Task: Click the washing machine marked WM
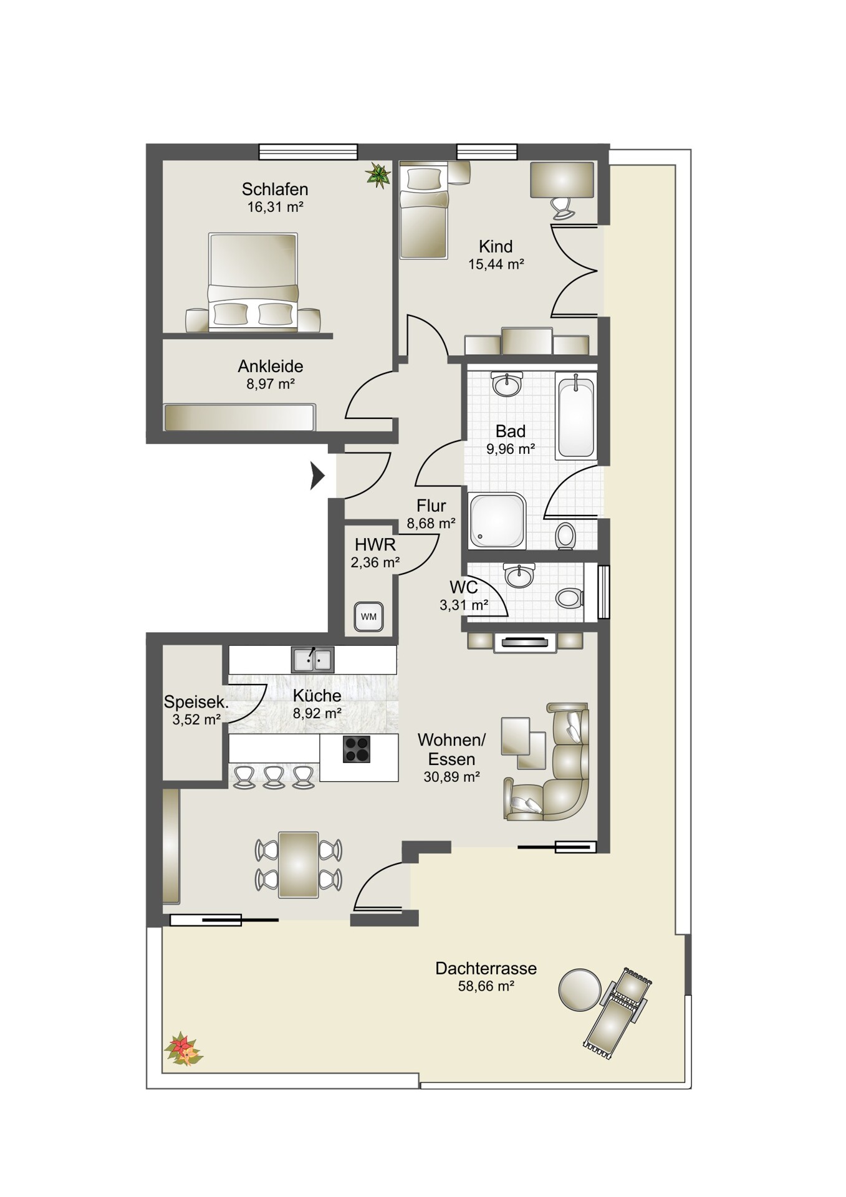click(x=368, y=617)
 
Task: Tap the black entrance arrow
click(x=318, y=476)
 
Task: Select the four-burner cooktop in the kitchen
click(x=357, y=749)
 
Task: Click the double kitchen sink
click(x=312, y=660)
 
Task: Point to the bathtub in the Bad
click(x=576, y=417)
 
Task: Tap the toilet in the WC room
click(x=569, y=598)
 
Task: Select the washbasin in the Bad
click(x=507, y=384)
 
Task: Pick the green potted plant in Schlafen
click(x=378, y=175)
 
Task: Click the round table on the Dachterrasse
click(x=580, y=989)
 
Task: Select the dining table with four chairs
click(x=299, y=864)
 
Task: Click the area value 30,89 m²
click(x=451, y=777)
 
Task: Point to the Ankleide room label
click(x=271, y=366)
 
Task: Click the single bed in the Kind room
click(x=424, y=211)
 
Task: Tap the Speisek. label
click(x=196, y=701)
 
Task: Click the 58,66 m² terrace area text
click(x=486, y=986)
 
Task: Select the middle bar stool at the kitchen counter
click(x=274, y=777)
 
